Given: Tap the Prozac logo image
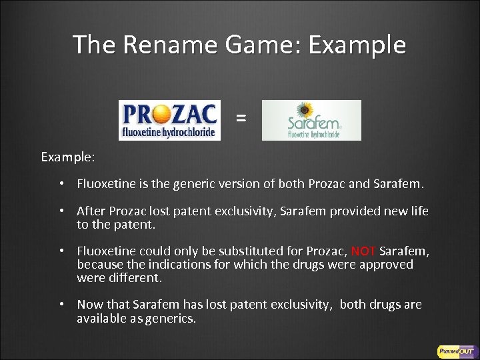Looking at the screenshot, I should [x=169, y=120].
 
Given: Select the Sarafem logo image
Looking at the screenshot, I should [x=311, y=120].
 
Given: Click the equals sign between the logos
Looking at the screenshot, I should [x=241, y=119].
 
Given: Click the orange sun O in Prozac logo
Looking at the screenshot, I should [x=157, y=114].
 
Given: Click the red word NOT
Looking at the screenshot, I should [x=363, y=251].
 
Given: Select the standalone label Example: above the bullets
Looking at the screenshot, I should [x=68, y=157].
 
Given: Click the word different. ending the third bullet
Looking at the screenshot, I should [x=136, y=277].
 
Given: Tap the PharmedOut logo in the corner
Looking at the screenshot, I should [x=455, y=351].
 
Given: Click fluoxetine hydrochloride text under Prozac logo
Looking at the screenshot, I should [x=168, y=133].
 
